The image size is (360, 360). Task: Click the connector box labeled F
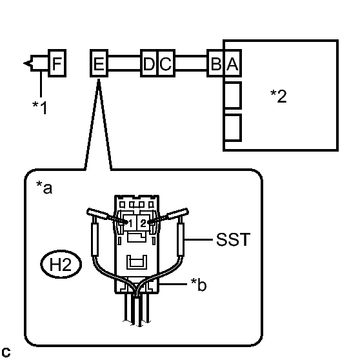(x=57, y=63)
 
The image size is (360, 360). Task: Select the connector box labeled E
(x=99, y=63)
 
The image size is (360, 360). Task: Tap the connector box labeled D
(x=149, y=63)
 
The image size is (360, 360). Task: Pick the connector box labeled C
(x=166, y=63)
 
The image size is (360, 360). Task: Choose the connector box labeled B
(x=215, y=63)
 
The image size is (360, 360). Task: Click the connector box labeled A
(x=232, y=63)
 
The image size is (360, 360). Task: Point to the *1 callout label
(x=40, y=108)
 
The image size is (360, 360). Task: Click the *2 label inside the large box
(x=279, y=96)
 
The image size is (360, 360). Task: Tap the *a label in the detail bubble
(x=44, y=188)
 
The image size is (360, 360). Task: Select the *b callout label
(x=199, y=285)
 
